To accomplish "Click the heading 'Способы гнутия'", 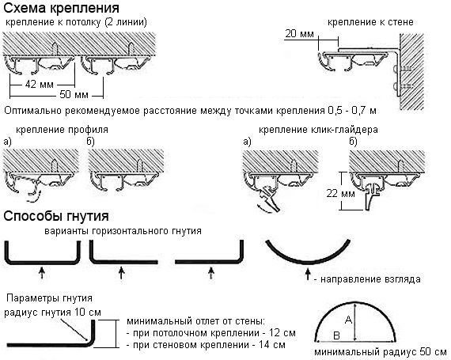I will tap(56, 215).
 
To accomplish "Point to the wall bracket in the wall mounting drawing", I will tap(392, 63).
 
